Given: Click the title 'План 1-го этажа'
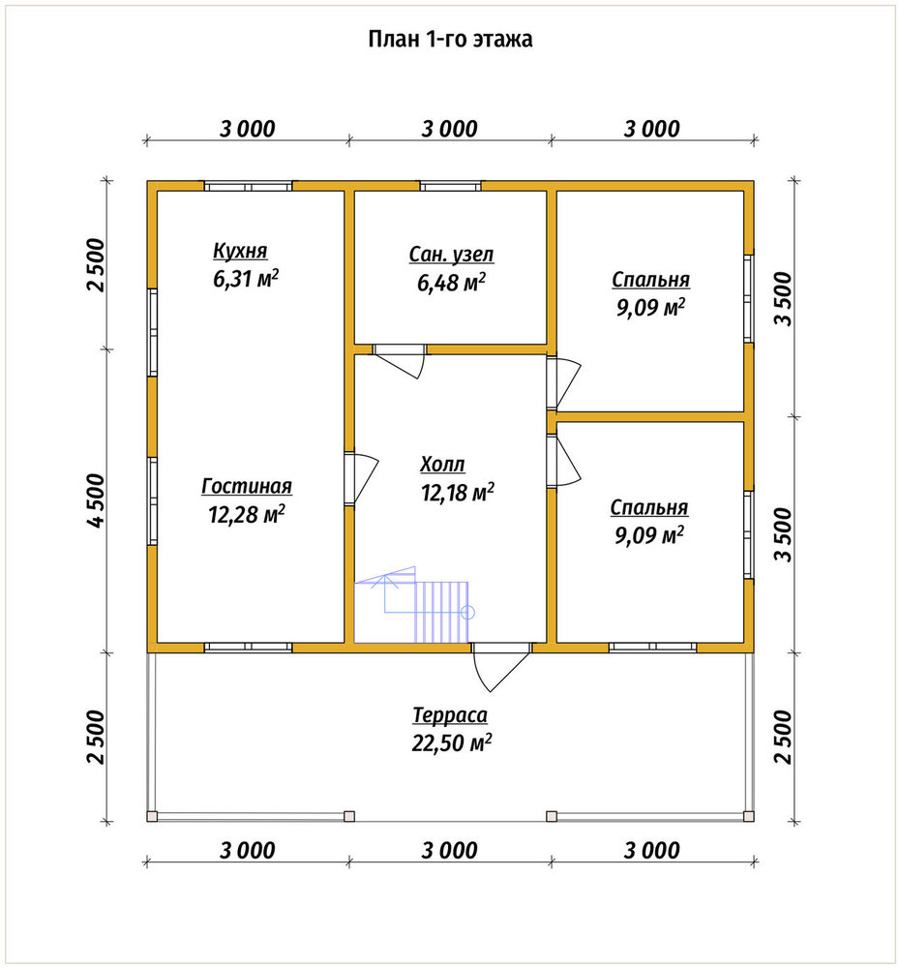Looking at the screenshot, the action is pos(450,39).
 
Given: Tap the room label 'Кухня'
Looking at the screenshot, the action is pos(240,251).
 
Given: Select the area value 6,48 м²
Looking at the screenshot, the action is pos(451,282).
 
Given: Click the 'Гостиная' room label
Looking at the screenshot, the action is pos(247,486).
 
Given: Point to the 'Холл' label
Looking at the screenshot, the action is pos(442,464).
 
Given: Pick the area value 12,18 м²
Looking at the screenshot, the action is pos(457,492).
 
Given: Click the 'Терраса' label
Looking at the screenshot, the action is pos(450,715).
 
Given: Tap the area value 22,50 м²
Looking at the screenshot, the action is pos(452,742).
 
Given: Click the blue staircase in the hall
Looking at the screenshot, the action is pos(412,605).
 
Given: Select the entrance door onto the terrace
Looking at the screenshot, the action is pos(501,667).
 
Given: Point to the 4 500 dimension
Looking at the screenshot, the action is pos(96,500).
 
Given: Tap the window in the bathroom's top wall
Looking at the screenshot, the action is pos(451,186).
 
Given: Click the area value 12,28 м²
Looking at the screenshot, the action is pos(247,514).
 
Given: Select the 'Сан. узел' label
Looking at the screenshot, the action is pos(451,255).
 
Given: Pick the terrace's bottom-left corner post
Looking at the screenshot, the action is pos(152,816).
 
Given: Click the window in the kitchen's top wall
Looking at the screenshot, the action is pos(248,186).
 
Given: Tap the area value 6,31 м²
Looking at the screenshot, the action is pos(246,279).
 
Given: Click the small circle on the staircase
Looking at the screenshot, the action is pos(467,613).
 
